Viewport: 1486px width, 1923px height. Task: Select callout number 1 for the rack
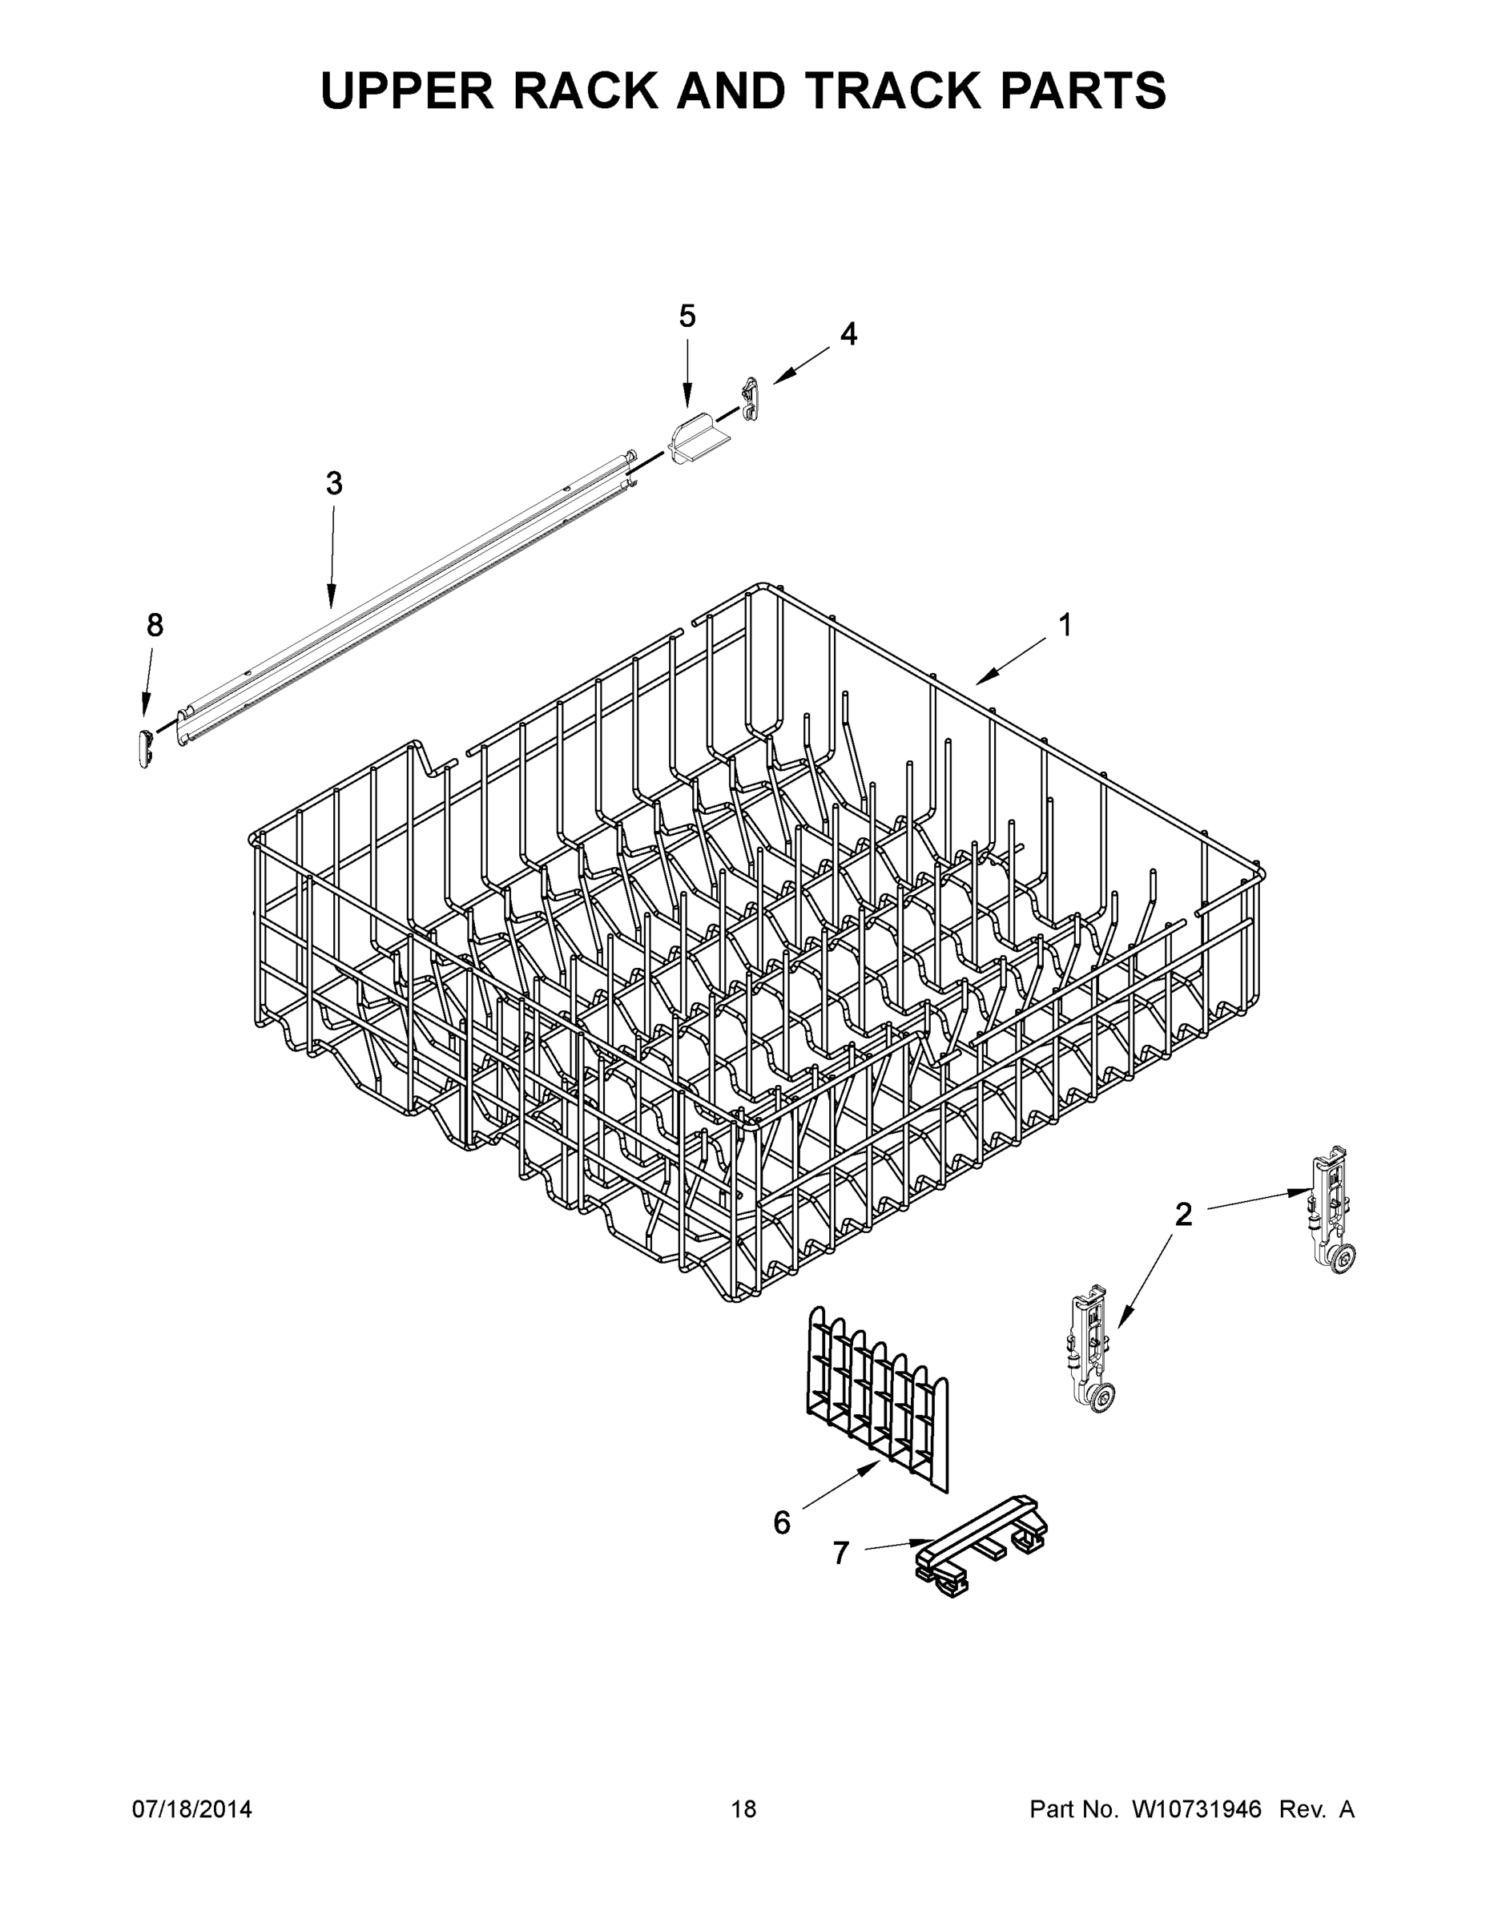tap(1065, 625)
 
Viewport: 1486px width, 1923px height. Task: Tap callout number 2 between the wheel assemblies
tap(1183, 1215)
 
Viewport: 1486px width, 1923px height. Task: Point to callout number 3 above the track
tap(333, 483)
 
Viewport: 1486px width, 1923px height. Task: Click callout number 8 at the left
tap(154, 625)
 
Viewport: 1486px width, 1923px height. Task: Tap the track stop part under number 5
tap(698, 442)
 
